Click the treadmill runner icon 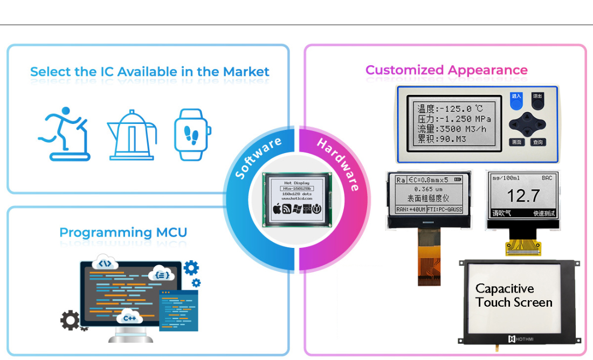(64, 134)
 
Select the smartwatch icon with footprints (192, 134)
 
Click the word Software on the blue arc (258, 158)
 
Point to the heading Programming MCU (123, 233)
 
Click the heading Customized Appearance (446, 70)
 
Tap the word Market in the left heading (246, 72)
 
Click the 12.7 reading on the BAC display (523, 196)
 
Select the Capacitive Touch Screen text (514, 295)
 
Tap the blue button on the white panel (517, 98)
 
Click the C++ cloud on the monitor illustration (130, 317)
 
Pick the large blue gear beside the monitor (191, 267)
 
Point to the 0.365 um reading (429, 189)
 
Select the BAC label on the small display (547, 178)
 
